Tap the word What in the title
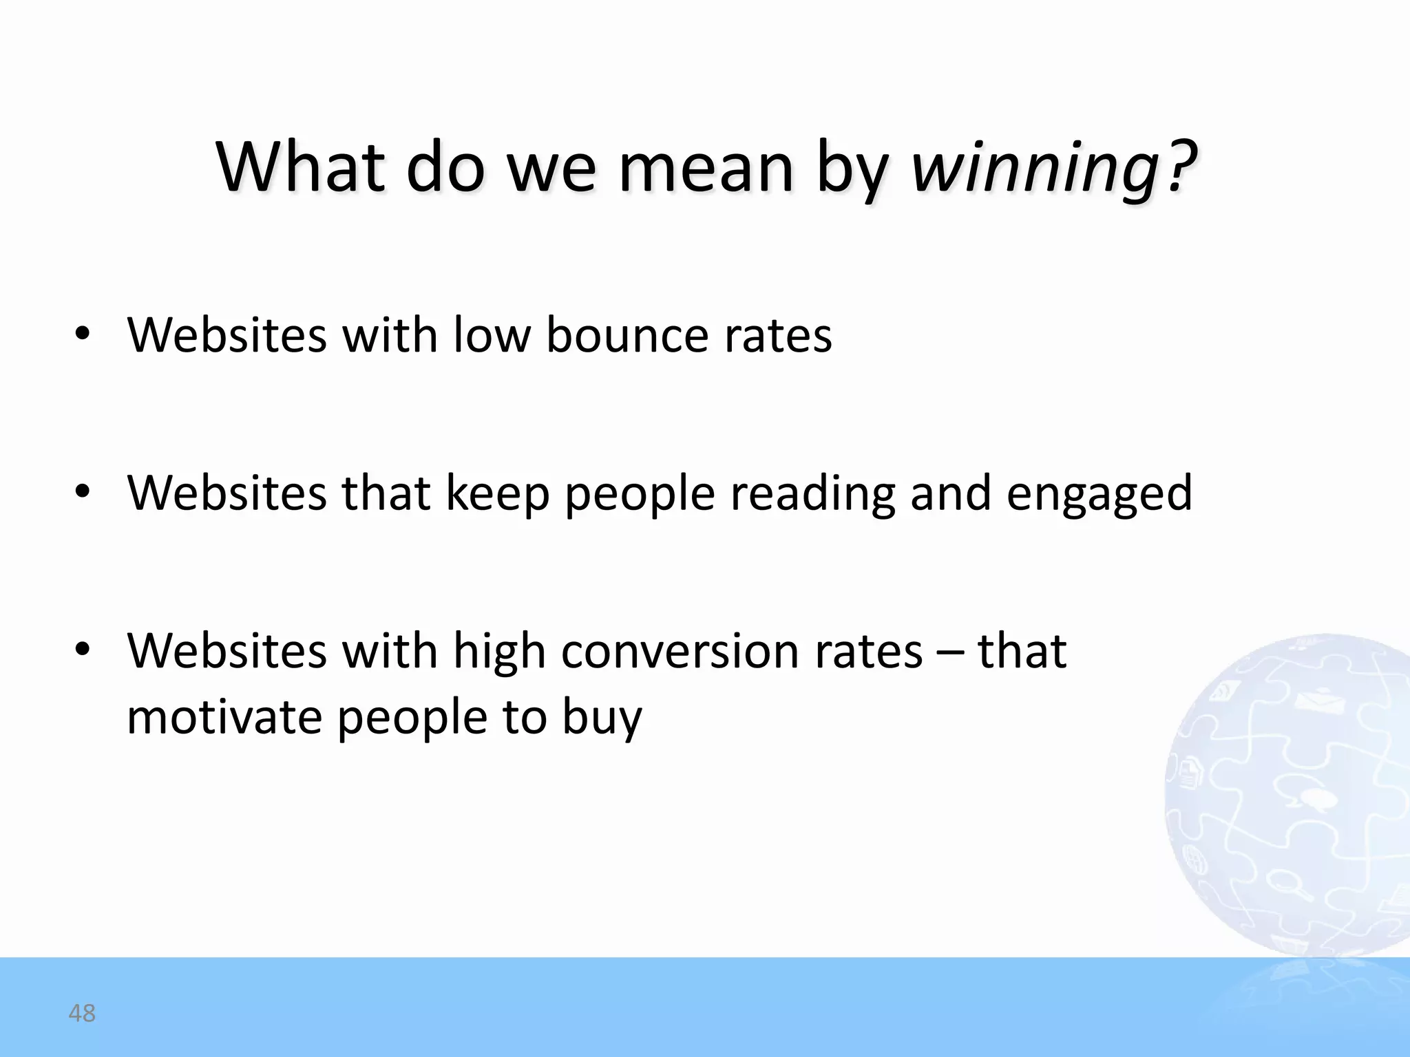pos(299,167)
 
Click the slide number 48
pos(82,1013)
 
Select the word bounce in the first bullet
pos(627,335)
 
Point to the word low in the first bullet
pos(492,335)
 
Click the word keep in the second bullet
pos(498,494)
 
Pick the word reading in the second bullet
pos(812,494)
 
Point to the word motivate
pos(224,717)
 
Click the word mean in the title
pos(706,167)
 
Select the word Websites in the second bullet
pos(227,493)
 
